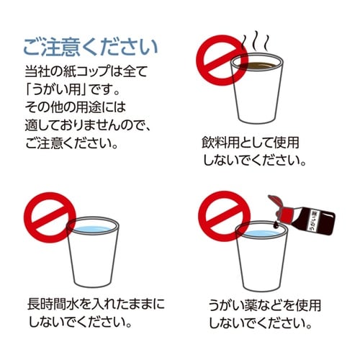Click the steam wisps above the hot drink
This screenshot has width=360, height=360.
255,40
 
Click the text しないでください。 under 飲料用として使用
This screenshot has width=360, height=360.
255,159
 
